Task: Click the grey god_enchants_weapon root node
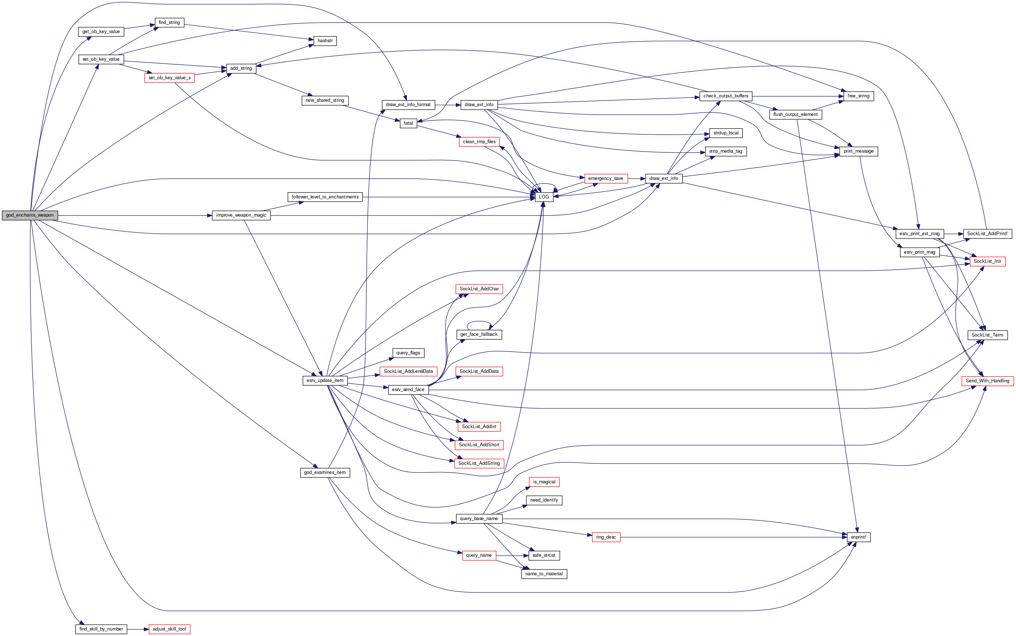coord(30,216)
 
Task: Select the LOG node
coord(543,197)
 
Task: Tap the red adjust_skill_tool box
coord(169,629)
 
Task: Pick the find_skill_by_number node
coord(101,629)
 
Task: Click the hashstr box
coord(325,41)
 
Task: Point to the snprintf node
coord(858,537)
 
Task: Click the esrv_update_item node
coord(325,381)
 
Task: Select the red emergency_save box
coord(605,179)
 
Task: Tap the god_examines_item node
coord(325,472)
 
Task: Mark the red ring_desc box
coord(606,537)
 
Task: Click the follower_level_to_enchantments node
coord(325,197)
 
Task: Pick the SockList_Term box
coord(987,335)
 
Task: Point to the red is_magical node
coord(544,482)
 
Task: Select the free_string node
coord(858,96)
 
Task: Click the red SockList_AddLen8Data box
coord(408,371)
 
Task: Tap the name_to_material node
coord(544,574)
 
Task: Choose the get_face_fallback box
coord(479,334)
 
